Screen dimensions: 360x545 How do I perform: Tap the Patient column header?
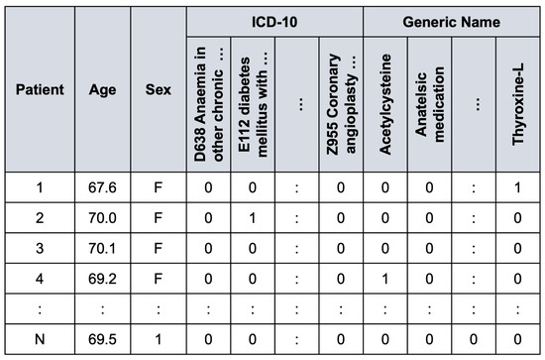(x=40, y=89)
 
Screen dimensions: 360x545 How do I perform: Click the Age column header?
(x=101, y=89)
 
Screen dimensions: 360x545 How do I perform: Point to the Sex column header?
(x=158, y=89)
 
